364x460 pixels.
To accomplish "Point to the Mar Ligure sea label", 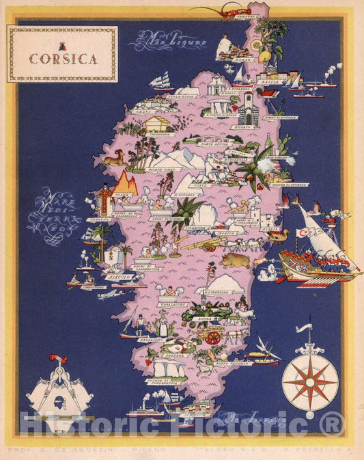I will tap(166, 41).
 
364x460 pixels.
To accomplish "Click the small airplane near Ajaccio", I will tap(108, 294).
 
